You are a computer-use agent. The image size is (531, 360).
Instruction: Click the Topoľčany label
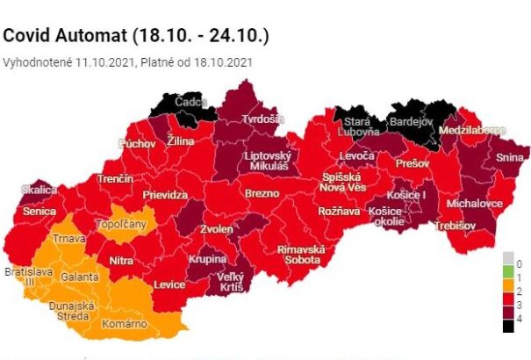click(x=127, y=225)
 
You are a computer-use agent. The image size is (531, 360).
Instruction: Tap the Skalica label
click(x=39, y=190)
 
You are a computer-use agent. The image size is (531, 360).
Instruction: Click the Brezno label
click(x=262, y=193)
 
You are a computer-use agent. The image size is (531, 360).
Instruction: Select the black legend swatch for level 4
click(x=507, y=326)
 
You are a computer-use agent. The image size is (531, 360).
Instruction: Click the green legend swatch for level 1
click(x=507, y=276)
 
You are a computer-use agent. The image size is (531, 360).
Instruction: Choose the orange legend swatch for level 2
click(x=507, y=292)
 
